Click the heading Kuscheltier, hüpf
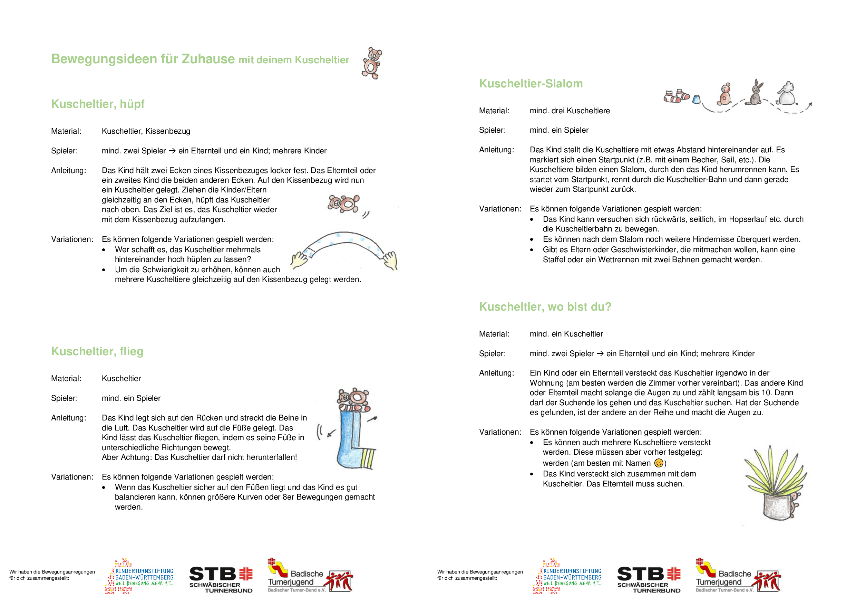(98, 104)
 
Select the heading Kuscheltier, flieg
(97, 351)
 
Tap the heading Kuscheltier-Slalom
(531, 83)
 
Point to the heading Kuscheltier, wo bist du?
(545, 306)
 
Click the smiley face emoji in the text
(659, 463)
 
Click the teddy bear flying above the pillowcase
(344, 203)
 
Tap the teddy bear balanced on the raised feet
(353, 398)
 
